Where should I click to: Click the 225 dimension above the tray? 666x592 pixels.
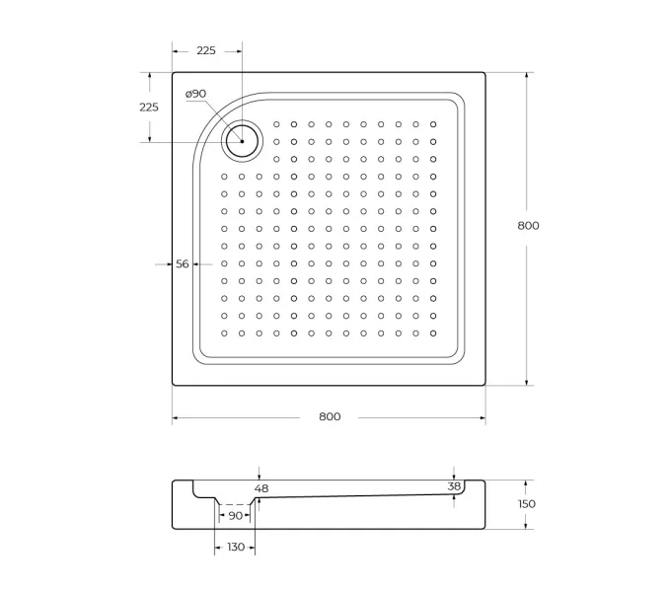click(x=206, y=50)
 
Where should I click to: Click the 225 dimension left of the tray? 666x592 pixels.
click(x=149, y=107)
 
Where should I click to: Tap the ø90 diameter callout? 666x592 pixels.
click(x=195, y=95)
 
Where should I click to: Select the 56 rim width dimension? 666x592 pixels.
click(x=183, y=263)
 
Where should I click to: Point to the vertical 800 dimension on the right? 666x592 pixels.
click(x=528, y=226)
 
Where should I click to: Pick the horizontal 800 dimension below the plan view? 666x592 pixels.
click(x=330, y=416)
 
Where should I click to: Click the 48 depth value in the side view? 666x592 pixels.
click(x=260, y=487)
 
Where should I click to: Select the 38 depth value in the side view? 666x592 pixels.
click(x=454, y=485)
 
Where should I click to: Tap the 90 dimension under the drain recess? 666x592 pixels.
click(x=235, y=515)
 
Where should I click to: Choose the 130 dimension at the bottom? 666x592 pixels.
click(x=235, y=547)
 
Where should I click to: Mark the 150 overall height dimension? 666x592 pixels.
click(x=527, y=504)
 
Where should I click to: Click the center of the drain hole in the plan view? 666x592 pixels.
click(x=241, y=141)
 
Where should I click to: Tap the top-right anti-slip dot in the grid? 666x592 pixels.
click(x=433, y=124)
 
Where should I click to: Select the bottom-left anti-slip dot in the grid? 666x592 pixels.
click(x=224, y=333)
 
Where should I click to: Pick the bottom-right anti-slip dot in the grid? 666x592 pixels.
click(x=433, y=333)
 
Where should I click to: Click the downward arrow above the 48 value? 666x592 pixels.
click(x=259, y=475)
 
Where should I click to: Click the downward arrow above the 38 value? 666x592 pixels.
click(x=454, y=474)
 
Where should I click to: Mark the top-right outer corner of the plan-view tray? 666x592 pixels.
click(x=485, y=72)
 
